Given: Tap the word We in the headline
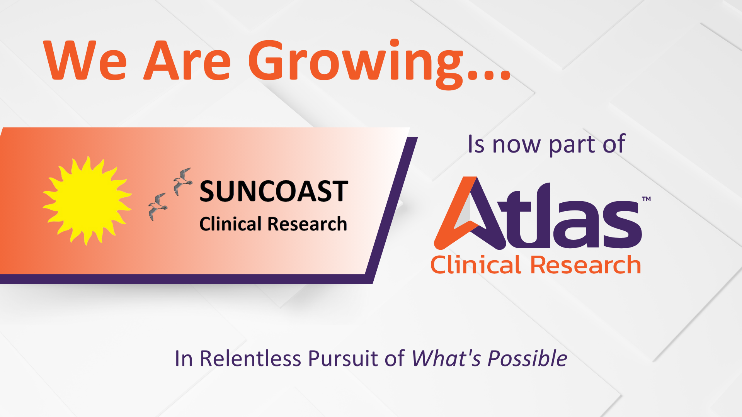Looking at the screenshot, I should pyautogui.click(x=85, y=61).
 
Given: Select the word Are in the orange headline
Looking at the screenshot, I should pyautogui.click(x=187, y=61).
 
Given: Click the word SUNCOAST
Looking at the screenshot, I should pyautogui.click(x=274, y=192).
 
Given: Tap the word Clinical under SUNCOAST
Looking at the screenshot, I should pyautogui.click(x=231, y=224).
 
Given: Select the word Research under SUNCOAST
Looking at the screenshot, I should pyautogui.click(x=308, y=224).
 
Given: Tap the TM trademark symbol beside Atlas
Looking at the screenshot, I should pyautogui.click(x=646, y=199).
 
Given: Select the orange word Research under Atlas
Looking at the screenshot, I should pyautogui.click(x=585, y=265).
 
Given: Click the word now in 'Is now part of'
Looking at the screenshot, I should pyautogui.click(x=516, y=145).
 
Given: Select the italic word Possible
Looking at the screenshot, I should pyautogui.click(x=528, y=358).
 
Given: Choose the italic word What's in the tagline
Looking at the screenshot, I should pyautogui.click(x=446, y=358).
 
